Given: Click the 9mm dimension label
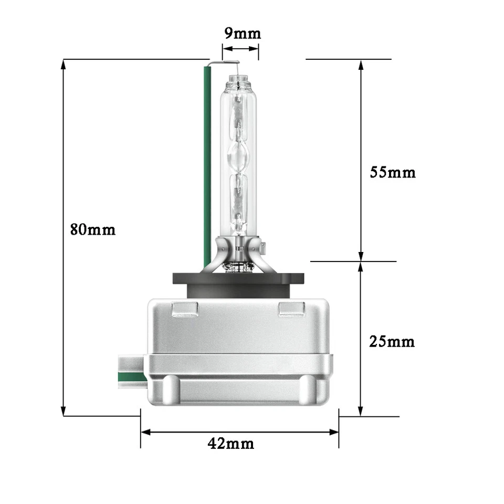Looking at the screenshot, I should point(242,34).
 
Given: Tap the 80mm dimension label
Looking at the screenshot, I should point(93,229).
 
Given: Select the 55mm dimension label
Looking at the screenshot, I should point(392,172).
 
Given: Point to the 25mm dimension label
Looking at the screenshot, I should point(392,342).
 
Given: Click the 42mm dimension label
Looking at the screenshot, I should point(231,444).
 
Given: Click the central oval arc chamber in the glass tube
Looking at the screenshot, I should point(239,156).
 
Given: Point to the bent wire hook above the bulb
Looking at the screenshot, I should point(223,64).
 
